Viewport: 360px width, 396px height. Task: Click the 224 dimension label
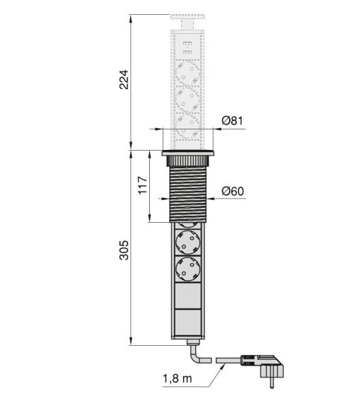point(124,79)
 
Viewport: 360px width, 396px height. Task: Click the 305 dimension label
point(124,250)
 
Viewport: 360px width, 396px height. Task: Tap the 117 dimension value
point(143,185)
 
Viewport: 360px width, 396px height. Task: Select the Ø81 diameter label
point(232,121)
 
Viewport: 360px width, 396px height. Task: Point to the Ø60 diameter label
point(233,191)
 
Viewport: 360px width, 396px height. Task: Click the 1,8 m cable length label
point(177,378)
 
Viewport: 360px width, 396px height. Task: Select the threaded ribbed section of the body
point(188,194)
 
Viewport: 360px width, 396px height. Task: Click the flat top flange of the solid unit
point(187,153)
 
